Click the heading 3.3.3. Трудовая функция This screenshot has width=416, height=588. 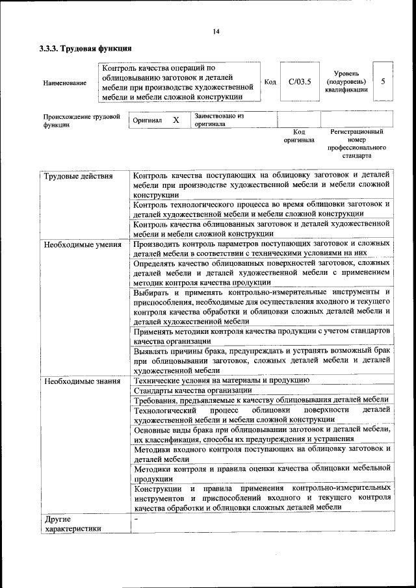tap(85, 48)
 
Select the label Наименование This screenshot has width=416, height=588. tap(64, 83)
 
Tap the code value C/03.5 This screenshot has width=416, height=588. tap(300, 82)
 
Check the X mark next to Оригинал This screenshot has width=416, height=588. tap(175, 120)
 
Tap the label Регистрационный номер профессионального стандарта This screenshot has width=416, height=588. tap(356, 144)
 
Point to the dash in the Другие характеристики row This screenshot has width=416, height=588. tap(136, 520)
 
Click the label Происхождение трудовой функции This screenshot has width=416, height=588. tap(81, 121)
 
